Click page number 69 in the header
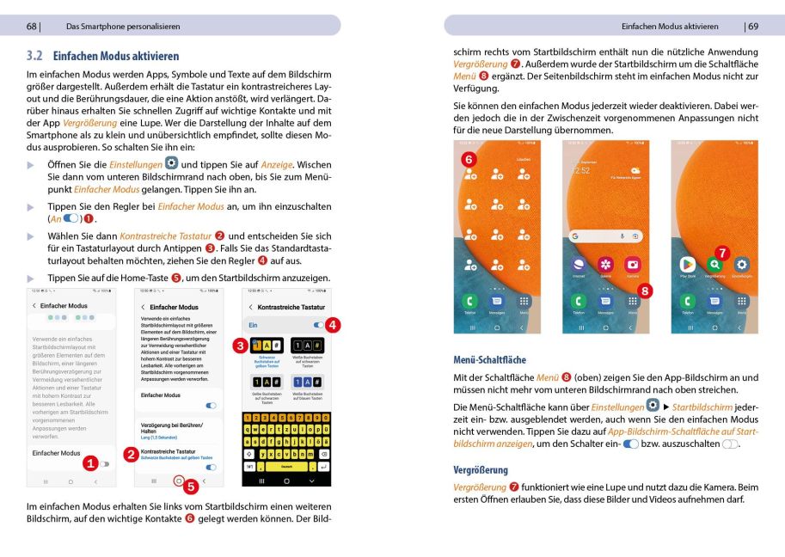pyautogui.click(x=752, y=26)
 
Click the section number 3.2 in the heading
pyautogui.click(x=35, y=56)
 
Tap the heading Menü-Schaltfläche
pyautogui.click(x=489, y=359)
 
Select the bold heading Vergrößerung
pyautogui.click(x=481, y=470)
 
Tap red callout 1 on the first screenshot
pyautogui.click(x=89, y=463)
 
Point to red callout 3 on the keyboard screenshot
pyautogui.click(x=241, y=346)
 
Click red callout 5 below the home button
pyautogui.click(x=191, y=486)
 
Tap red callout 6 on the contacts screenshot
pyautogui.click(x=468, y=159)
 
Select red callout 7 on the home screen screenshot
pyautogui.click(x=722, y=253)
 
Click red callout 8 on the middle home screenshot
pyautogui.click(x=645, y=291)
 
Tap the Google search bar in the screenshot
pyautogui.click(x=605, y=235)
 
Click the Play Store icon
pyautogui.click(x=687, y=265)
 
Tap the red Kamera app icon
pyautogui.click(x=633, y=265)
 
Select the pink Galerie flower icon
pyautogui.click(x=605, y=265)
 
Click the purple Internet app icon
pyautogui.click(x=578, y=265)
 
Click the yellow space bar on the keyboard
pyautogui.click(x=287, y=467)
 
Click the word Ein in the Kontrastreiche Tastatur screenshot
pyautogui.click(x=254, y=326)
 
